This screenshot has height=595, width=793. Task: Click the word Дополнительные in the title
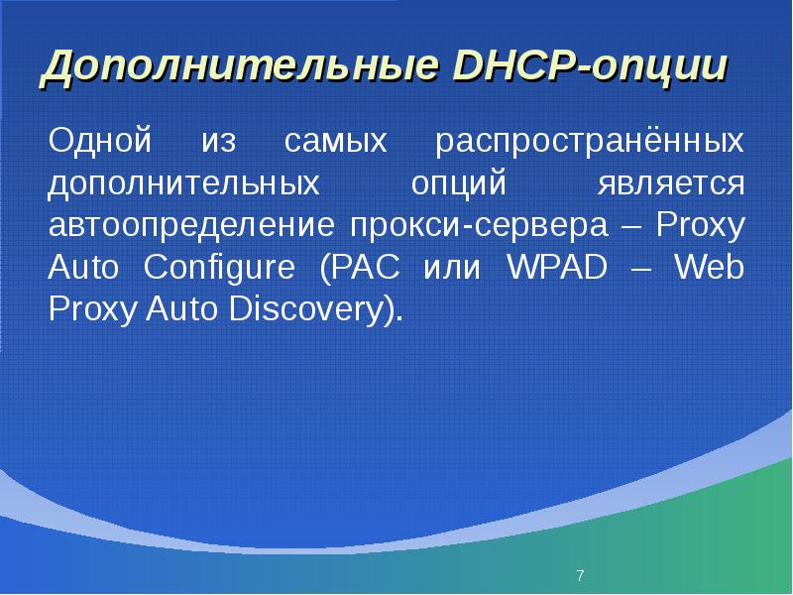(x=240, y=66)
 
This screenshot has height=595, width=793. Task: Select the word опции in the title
(x=659, y=68)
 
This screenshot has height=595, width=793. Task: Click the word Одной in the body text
(x=100, y=140)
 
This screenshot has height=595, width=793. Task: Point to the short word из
(x=218, y=142)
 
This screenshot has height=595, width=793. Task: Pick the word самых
(x=335, y=142)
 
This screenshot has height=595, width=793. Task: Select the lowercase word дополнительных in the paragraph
(x=183, y=183)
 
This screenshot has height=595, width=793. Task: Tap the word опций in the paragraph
(x=458, y=183)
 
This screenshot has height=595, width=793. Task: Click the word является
(x=671, y=183)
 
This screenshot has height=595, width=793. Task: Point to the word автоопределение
(x=191, y=226)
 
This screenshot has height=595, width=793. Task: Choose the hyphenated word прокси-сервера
(x=479, y=226)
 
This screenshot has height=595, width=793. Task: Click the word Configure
(x=219, y=268)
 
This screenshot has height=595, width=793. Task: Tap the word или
(x=452, y=269)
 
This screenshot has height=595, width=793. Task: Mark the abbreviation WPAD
(x=557, y=266)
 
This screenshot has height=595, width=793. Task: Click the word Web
(x=710, y=266)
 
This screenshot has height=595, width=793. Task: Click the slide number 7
(x=580, y=575)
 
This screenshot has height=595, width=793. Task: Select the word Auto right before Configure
(x=83, y=267)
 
